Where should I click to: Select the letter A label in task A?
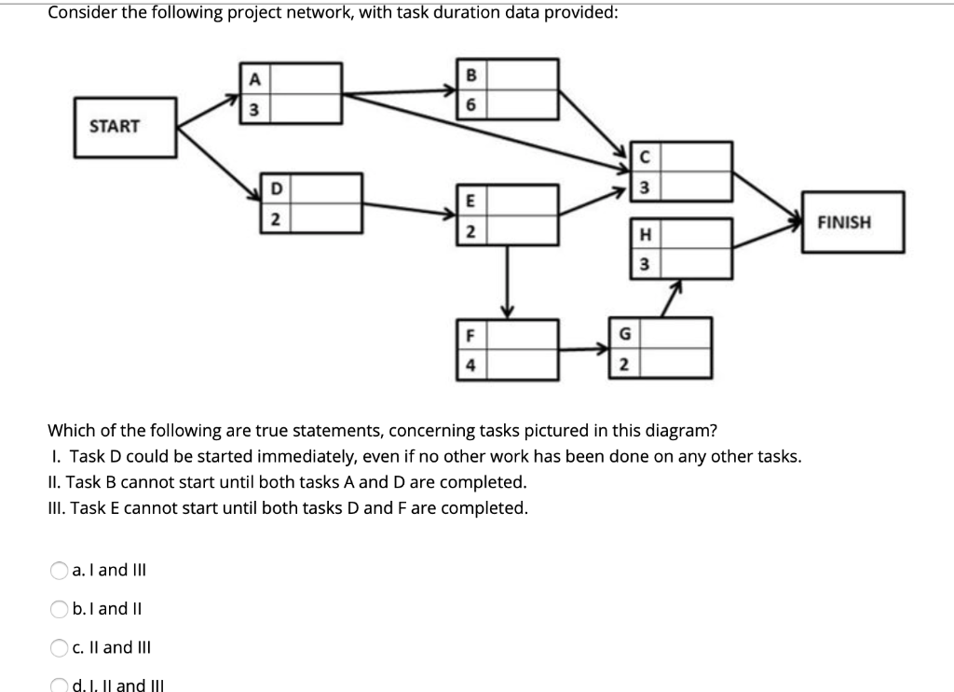tap(251, 79)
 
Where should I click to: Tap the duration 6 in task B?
tap(471, 105)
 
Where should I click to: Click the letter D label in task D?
tap(275, 189)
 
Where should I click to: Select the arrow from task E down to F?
tap(508, 280)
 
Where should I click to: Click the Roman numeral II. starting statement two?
tap(55, 482)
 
